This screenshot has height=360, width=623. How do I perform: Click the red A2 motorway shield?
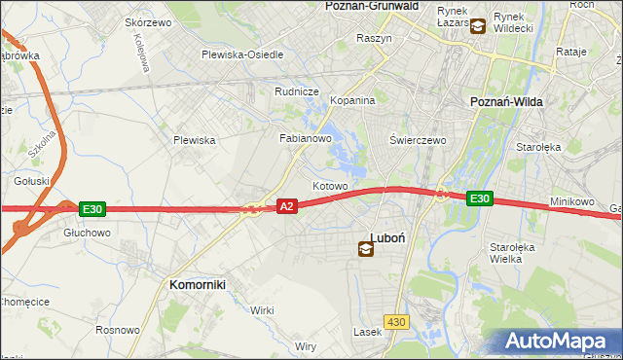pos(286,206)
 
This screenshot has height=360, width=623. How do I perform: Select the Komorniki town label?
pos(198,284)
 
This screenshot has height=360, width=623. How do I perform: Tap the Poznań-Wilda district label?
pos(506,101)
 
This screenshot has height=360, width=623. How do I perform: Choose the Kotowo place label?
pos(330,186)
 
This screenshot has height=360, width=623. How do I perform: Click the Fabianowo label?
pos(307,139)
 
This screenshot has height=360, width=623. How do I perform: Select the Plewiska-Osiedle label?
pos(242,54)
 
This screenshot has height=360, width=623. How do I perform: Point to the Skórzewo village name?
pos(149,22)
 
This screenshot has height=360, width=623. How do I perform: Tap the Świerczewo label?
pos(418,140)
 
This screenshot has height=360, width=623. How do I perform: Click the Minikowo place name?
pos(571,201)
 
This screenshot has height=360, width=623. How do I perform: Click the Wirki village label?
pos(262,310)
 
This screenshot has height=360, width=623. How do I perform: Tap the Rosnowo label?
pos(117,331)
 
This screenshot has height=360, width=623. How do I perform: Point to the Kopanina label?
pos(352,101)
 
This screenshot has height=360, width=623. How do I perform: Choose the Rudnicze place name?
pos(297,91)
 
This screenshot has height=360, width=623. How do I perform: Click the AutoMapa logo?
pos(556,342)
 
